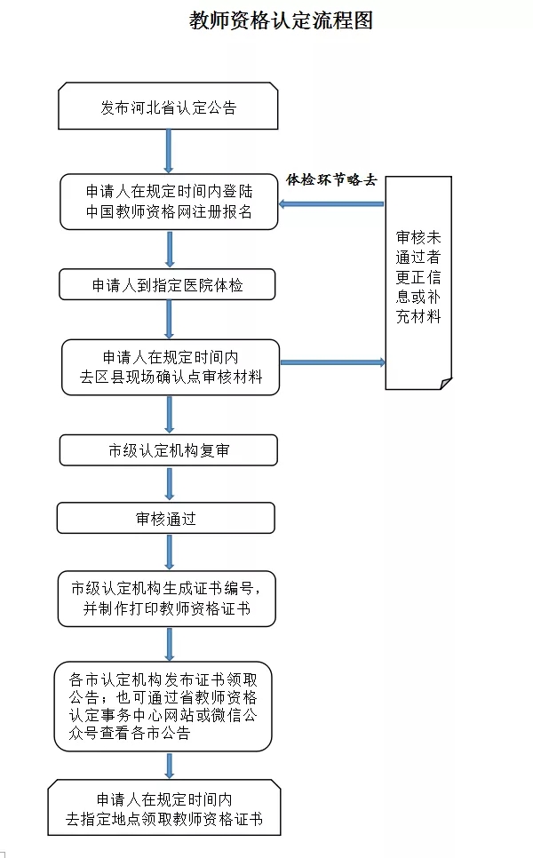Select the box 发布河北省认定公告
pyautogui.click(x=168, y=107)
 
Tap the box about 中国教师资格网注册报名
pyautogui.click(x=168, y=202)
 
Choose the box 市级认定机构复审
pyautogui.click(x=168, y=450)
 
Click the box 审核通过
pyautogui.click(x=166, y=519)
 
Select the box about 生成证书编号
pyautogui.click(x=166, y=599)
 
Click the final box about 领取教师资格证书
pyautogui.click(x=164, y=808)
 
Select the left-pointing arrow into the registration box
pyautogui.click(x=330, y=204)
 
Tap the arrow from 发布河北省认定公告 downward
pyautogui.click(x=169, y=151)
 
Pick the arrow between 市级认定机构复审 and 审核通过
pyautogui.click(x=169, y=485)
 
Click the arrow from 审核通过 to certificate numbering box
pyautogui.click(x=169, y=551)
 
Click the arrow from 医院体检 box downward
pyautogui.click(x=169, y=320)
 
